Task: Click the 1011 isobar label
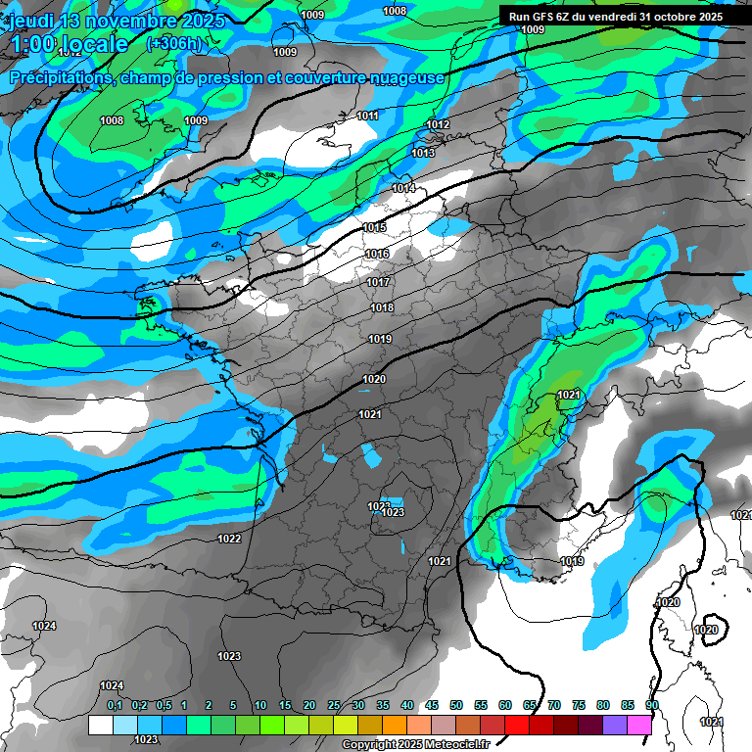pyautogui.click(x=367, y=116)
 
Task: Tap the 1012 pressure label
pyautogui.click(x=438, y=124)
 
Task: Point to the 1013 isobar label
pyautogui.click(x=423, y=153)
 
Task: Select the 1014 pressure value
pyautogui.click(x=403, y=188)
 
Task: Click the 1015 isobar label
pyautogui.click(x=375, y=227)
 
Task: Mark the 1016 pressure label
pyautogui.click(x=377, y=254)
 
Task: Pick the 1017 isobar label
pyautogui.click(x=379, y=282)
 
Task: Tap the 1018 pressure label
pyautogui.click(x=382, y=308)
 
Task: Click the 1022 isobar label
pyautogui.click(x=229, y=539)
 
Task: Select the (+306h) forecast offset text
pyautogui.click(x=173, y=43)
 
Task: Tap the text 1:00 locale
pyautogui.click(x=69, y=44)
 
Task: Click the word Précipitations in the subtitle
pyautogui.click(x=61, y=77)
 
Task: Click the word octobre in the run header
pyautogui.click(x=666, y=17)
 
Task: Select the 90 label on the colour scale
pyautogui.click(x=651, y=705)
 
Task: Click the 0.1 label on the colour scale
pyautogui.click(x=115, y=705)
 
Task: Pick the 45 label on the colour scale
pyautogui.click(x=432, y=705)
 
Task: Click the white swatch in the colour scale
pyautogui.click(x=100, y=725)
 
